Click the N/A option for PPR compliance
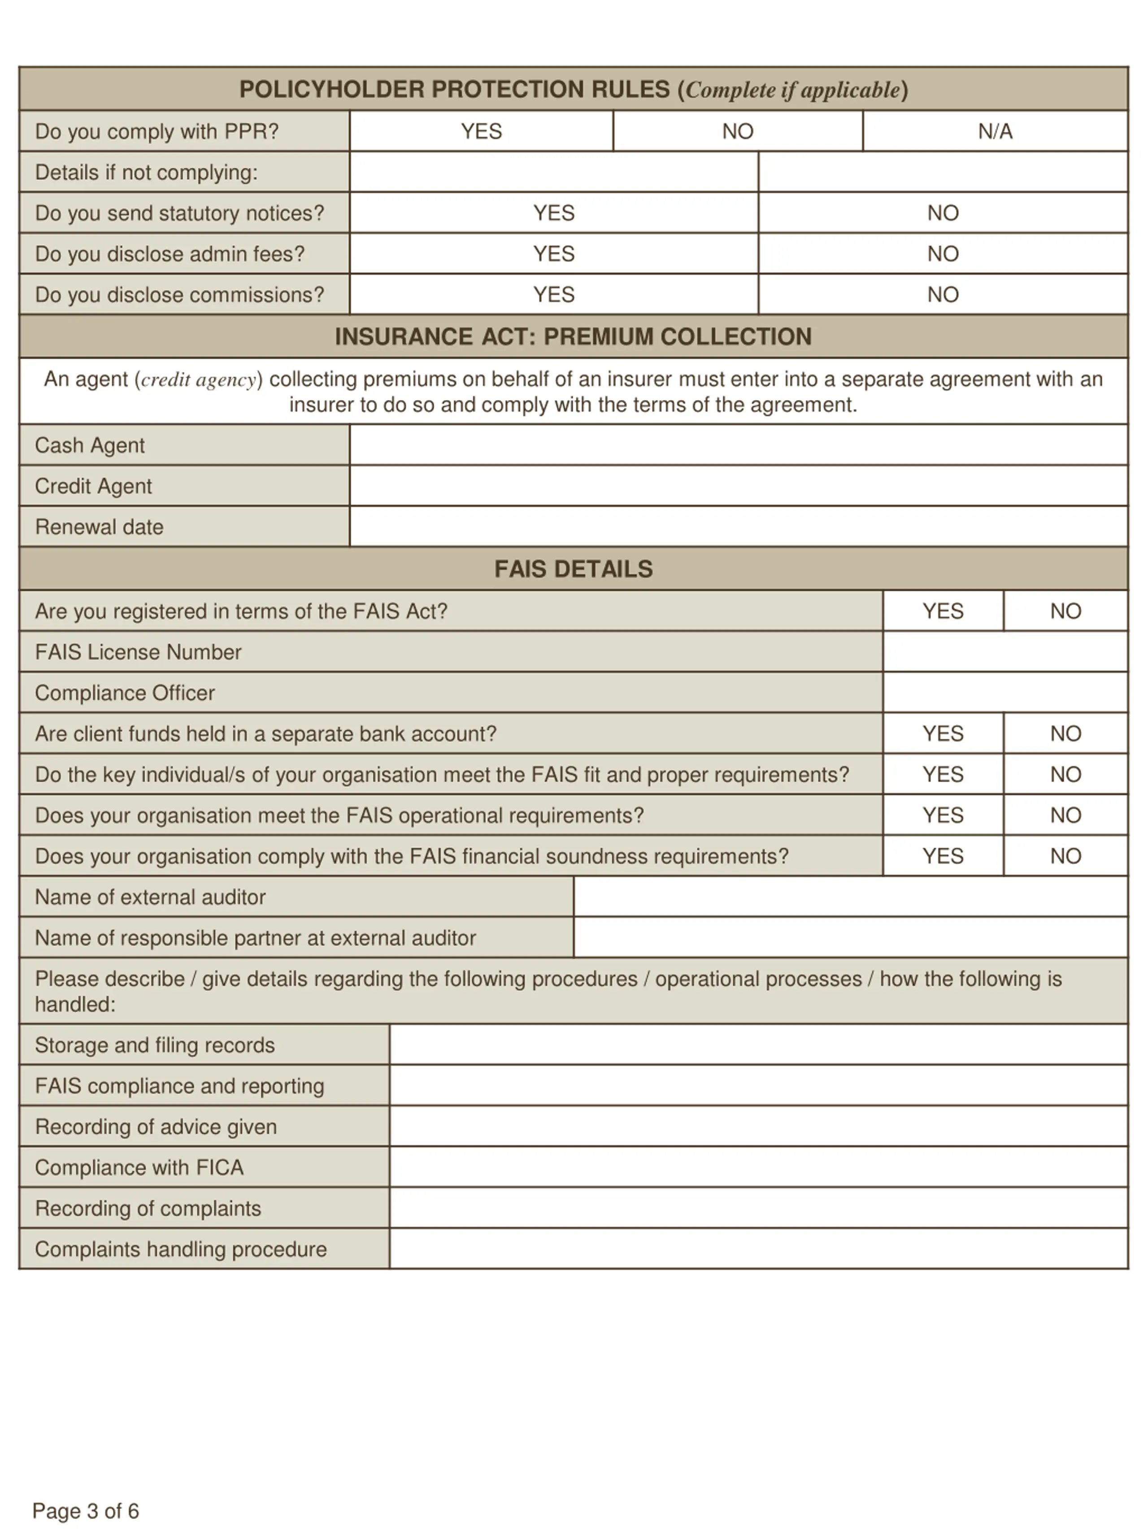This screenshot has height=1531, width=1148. pyautogui.click(x=994, y=131)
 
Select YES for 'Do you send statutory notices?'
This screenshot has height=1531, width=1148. pyautogui.click(x=553, y=213)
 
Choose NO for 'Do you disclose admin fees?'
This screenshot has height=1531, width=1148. pyautogui.click(x=943, y=253)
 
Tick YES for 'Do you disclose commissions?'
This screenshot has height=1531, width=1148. pyautogui.click(x=553, y=294)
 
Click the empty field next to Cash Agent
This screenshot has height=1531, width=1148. pyautogui.click(x=738, y=445)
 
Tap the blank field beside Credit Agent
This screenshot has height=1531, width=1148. pyautogui.click(x=738, y=486)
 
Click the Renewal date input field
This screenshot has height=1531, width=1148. pyautogui.click(x=738, y=527)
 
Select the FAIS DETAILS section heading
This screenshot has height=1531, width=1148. pyautogui.click(x=573, y=569)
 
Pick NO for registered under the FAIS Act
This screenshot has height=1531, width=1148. pyautogui.click(x=1065, y=611)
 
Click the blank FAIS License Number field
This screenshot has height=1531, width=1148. pyautogui.click(x=1005, y=652)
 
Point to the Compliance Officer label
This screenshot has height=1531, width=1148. pyautogui.click(x=125, y=693)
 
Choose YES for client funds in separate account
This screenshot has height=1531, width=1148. pyautogui.click(x=943, y=734)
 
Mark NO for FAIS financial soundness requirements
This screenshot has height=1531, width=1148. pyautogui.click(x=1065, y=856)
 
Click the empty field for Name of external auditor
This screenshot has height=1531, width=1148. pyautogui.click(x=850, y=897)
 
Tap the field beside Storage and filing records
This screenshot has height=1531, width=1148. pyautogui.click(x=758, y=1045)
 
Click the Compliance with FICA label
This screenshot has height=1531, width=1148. pyautogui.click(x=139, y=1168)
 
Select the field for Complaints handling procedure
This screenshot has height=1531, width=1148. pyautogui.click(x=758, y=1249)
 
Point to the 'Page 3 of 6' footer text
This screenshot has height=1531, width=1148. pyautogui.click(x=86, y=1510)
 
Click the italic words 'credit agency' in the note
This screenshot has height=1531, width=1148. pyautogui.click(x=199, y=380)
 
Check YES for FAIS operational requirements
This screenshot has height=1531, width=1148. pyautogui.click(x=943, y=816)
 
